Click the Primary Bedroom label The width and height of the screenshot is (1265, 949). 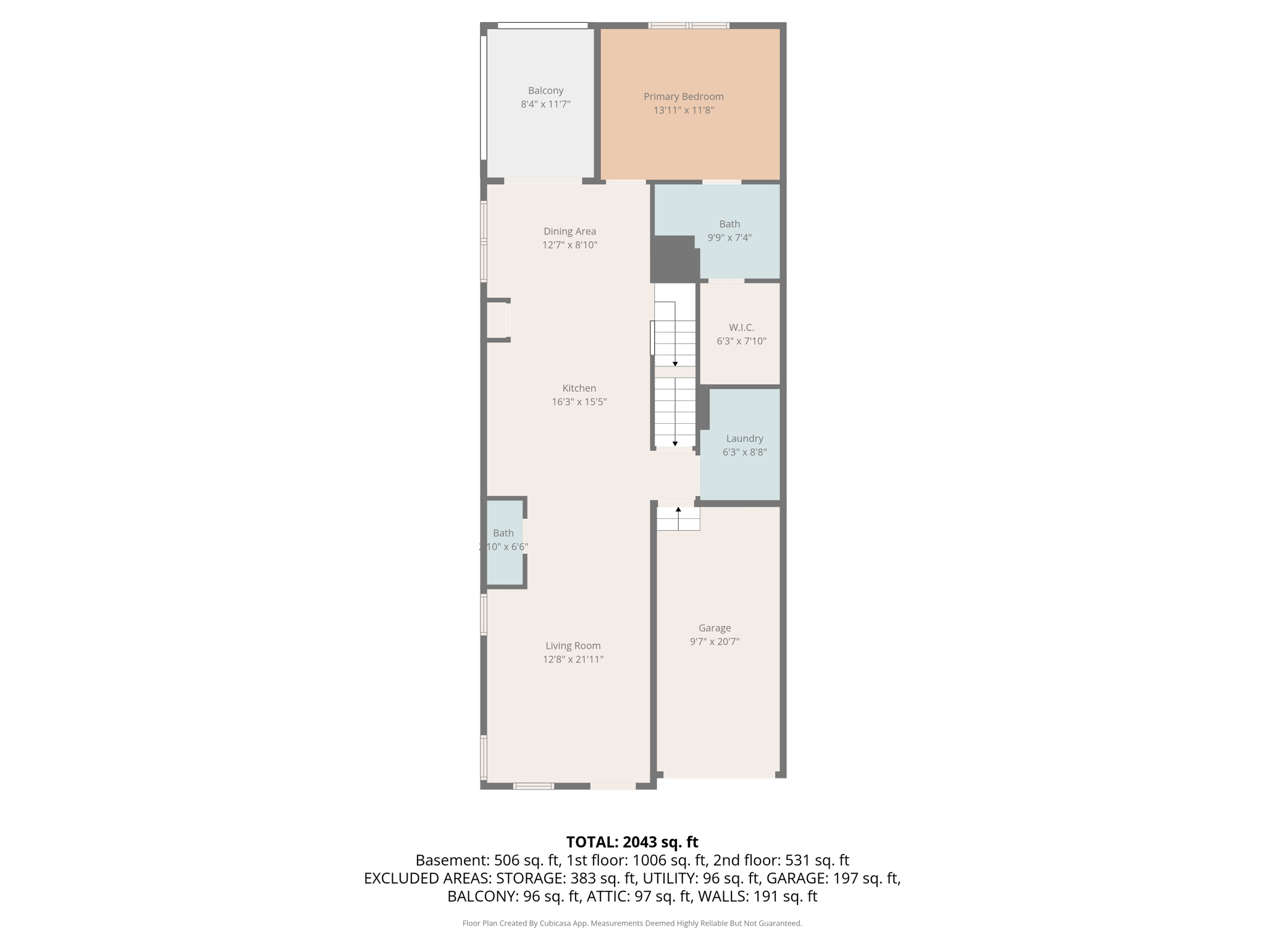tap(683, 96)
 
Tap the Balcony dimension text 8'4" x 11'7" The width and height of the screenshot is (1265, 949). tap(545, 104)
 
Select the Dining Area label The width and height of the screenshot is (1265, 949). tap(569, 231)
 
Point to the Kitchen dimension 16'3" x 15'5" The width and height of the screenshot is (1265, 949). tap(579, 402)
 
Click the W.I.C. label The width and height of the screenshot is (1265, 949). tap(741, 327)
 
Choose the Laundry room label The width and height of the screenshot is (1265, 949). tap(744, 438)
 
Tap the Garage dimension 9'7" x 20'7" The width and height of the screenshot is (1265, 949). tap(714, 641)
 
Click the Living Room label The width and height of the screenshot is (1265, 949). tap(573, 646)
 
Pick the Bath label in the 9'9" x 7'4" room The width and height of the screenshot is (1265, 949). tap(729, 224)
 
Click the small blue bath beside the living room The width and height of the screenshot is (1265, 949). tap(505, 542)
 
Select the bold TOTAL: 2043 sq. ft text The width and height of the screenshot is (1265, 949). tap(632, 842)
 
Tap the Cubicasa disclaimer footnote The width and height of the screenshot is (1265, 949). tap(632, 923)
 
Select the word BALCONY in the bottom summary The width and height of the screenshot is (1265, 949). tap(482, 896)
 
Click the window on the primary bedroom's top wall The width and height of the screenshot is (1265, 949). tap(689, 25)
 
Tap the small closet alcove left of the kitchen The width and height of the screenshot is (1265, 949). tap(498, 320)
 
